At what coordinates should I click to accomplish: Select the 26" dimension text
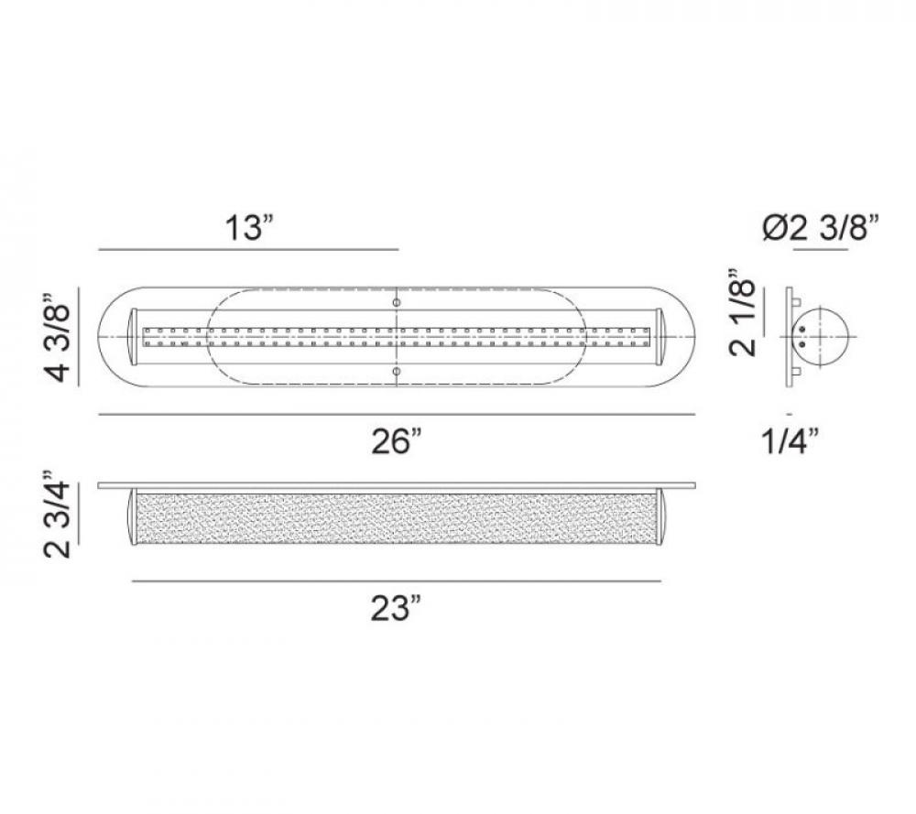(x=397, y=441)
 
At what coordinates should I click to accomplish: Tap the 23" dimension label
(x=397, y=609)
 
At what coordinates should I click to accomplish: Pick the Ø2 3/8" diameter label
(x=821, y=227)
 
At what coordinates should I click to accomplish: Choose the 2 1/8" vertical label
(x=743, y=313)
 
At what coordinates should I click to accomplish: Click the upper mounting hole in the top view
(x=397, y=302)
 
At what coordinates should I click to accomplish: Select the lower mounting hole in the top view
(x=397, y=372)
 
